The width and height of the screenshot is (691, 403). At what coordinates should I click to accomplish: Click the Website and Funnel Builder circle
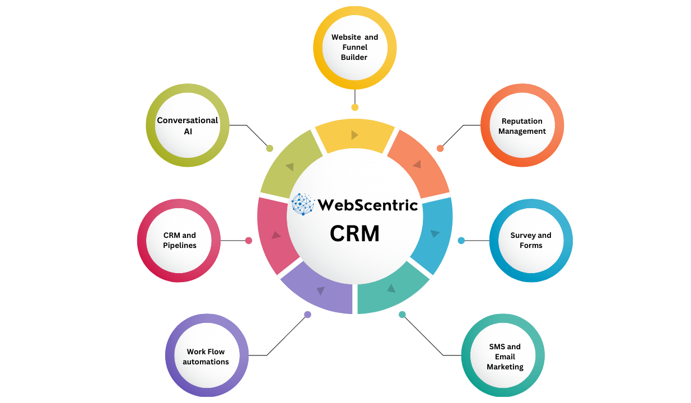(x=354, y=48)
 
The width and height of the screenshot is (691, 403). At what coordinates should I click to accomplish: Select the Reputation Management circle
(x=522, y=126)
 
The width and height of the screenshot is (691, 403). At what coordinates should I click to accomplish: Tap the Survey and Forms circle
(x=531, y=241)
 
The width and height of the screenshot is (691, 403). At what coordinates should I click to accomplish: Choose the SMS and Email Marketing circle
(x=503, y=357)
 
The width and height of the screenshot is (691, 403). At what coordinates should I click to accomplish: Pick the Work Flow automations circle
(x=206, y=356)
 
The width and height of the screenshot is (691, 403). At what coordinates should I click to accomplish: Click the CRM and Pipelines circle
(x=179, y=240)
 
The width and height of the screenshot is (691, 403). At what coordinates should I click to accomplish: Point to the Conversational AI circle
(x=188, y=125)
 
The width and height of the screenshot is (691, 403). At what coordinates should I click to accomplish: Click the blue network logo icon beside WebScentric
(x=303, y=204)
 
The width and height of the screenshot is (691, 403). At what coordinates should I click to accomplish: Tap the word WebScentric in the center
(x=367, y=205)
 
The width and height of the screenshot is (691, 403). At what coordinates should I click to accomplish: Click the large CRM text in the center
(x=354, y=233)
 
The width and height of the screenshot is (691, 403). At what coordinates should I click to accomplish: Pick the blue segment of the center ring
(x=436, y=233)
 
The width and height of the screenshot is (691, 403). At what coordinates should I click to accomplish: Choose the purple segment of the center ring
(x=319, y=292)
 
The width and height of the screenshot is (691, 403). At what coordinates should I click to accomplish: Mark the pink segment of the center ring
(x=273, y=235)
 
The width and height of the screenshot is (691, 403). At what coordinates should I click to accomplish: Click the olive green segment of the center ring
(x=289, y=167)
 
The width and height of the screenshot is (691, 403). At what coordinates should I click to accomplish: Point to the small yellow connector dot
(x=354, y=107)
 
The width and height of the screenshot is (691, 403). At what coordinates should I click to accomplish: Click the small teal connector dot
(x=402, y=315)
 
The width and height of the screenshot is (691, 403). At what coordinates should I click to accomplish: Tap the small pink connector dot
(x=249, y=241)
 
